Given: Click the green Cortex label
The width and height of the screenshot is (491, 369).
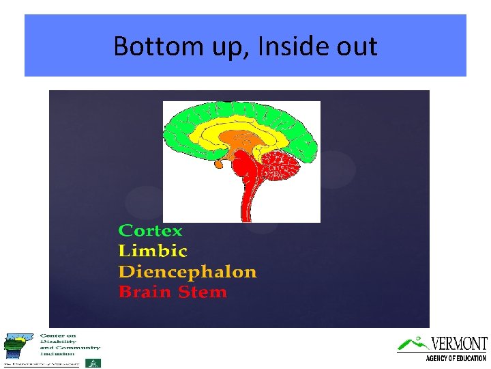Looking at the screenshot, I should pyautogui.click(x=150, y=231).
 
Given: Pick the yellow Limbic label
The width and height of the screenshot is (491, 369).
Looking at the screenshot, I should pyautogui.click(x=152, y=251).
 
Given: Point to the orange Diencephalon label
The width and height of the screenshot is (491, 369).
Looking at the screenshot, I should pyautogui.click(x=188, y=272).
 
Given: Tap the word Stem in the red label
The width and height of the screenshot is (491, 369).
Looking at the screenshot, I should pyautogui.click(x=201, y=292).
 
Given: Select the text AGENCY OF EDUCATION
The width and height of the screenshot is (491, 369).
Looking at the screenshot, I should pyautogui.click(x=456, y=358).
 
